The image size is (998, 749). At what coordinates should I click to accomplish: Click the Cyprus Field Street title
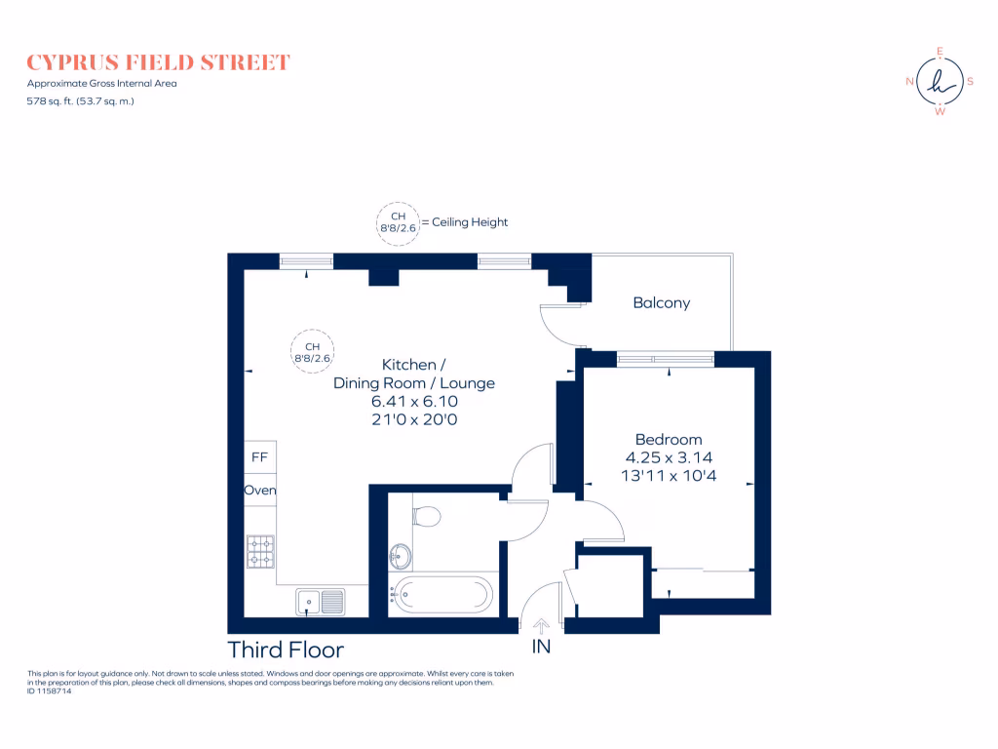click(158, 63)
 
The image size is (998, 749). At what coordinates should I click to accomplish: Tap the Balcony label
click(661, 303)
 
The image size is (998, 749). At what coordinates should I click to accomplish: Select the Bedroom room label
click(668, 440)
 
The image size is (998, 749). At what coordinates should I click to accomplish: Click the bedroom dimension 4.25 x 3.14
click(668, 457)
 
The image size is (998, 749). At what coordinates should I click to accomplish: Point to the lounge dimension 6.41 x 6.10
click(414, 401)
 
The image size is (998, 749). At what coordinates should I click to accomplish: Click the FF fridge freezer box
click(260, 456)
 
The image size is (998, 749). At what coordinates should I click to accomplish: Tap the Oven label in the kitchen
click(260, 490)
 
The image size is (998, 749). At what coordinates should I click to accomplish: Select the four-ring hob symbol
click(260, 551)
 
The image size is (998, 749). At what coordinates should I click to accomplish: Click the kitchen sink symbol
click(320, 602)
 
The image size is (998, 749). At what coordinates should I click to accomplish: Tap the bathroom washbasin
click(400, 557)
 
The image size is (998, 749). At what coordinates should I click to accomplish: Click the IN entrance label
click(541, 647)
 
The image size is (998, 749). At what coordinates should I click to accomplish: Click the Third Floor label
click(286, 650)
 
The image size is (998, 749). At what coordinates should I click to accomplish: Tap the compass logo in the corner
click(940, 82)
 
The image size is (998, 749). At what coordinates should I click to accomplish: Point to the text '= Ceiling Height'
click(465, 222)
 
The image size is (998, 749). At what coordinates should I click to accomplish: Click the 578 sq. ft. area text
click(80, 100)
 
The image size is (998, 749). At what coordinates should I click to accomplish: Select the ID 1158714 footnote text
click(50, 691)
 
